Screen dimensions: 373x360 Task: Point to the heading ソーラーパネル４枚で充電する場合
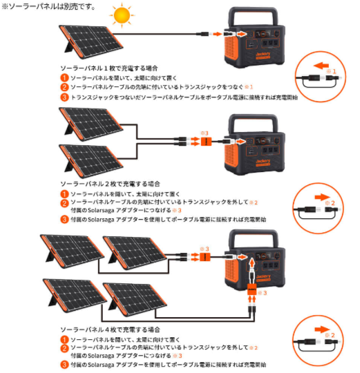(x=109, y=330)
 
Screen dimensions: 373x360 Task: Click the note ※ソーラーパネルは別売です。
(x=48, y=6)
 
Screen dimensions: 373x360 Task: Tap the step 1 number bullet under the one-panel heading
(x=64, y=78)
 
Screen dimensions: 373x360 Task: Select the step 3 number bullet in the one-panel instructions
(x=64, y=98)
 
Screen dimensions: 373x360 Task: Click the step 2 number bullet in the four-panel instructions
(x=64, y=347)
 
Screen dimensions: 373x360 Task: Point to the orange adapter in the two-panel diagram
(x=205, y=141)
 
